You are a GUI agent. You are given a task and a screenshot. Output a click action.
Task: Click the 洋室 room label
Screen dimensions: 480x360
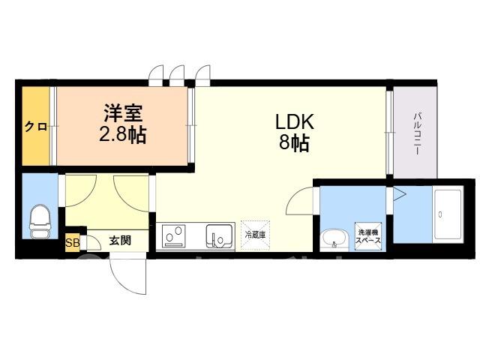(123, 113)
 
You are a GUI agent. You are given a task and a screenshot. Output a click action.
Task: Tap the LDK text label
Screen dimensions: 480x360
(295, 121)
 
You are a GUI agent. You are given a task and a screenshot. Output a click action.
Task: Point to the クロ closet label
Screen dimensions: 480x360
(36, 127)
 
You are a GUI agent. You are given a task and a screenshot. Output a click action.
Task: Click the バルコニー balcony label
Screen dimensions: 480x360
(416, 133)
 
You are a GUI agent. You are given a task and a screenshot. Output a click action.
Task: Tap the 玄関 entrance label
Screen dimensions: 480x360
(120, 241)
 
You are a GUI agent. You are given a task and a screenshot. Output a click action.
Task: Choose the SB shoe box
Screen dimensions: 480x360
(73, 243)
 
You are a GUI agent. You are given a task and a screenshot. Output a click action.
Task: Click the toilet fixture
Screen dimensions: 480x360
(40, 221)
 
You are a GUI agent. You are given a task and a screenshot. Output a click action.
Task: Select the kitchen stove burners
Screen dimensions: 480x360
(174, 235)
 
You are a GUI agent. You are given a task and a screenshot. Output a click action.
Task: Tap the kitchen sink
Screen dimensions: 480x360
(218, 236)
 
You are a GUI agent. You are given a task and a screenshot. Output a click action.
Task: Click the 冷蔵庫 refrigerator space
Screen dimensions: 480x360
(255, 235)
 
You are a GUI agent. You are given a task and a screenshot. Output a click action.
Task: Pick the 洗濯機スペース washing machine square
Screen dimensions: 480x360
(368, 236)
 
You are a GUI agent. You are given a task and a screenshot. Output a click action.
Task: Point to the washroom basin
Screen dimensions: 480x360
(334, 239)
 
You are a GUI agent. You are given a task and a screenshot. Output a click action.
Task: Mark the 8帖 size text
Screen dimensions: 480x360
(295, 142)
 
